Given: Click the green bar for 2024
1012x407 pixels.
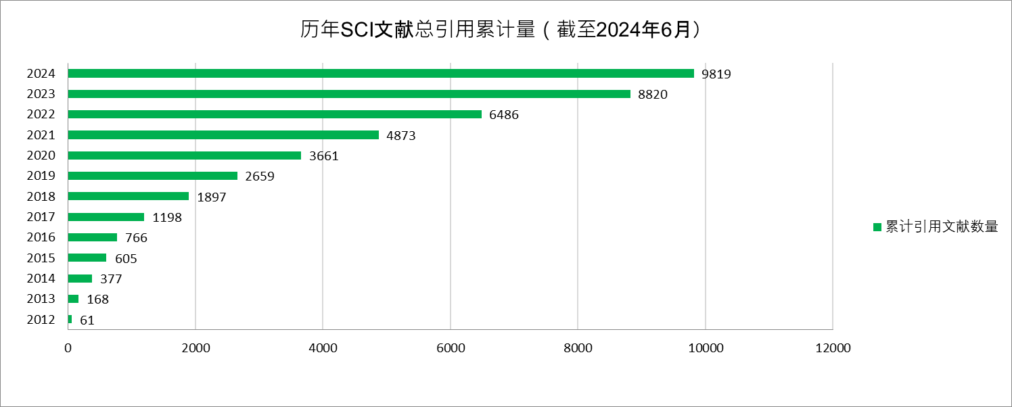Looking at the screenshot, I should tap(381, 74).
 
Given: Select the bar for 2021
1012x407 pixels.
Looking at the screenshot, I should tap(223, 135).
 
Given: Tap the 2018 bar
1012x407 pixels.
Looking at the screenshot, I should tap(129, 196).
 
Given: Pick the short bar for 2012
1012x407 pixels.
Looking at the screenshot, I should tap(70, 319).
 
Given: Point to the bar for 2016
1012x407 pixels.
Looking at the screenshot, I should tap(93, 237).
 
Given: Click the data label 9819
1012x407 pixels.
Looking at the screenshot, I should tap(716, 74).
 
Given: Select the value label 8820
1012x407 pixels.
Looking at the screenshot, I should tap(653, 95).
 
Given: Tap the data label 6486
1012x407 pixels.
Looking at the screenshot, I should tap(504, 115).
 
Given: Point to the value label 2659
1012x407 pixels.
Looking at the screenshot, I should tap(260, 176).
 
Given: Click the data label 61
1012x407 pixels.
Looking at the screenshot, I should tap(87, 320).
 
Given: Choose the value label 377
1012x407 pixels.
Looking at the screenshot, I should tap(111, 279).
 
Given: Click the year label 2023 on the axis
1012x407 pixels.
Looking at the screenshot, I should tap(41, 94).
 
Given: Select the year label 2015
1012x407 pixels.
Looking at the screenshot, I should tap(41, 258).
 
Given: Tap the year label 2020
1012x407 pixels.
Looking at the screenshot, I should tap(41, 155).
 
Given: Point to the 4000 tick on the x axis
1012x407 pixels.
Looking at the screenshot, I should tap(323, 348).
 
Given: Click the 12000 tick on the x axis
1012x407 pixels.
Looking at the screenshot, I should tap(832, 348).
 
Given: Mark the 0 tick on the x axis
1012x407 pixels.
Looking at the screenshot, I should tap(68, 348).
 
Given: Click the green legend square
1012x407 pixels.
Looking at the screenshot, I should tap(877, 227).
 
